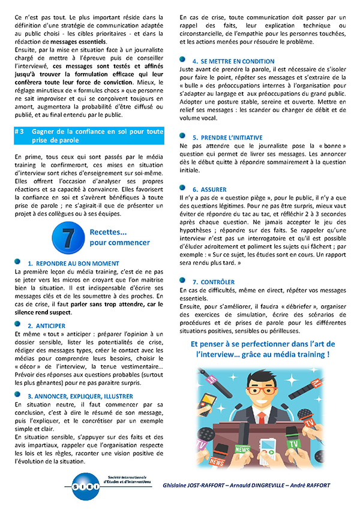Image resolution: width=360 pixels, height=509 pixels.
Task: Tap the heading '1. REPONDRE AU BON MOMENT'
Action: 73,263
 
